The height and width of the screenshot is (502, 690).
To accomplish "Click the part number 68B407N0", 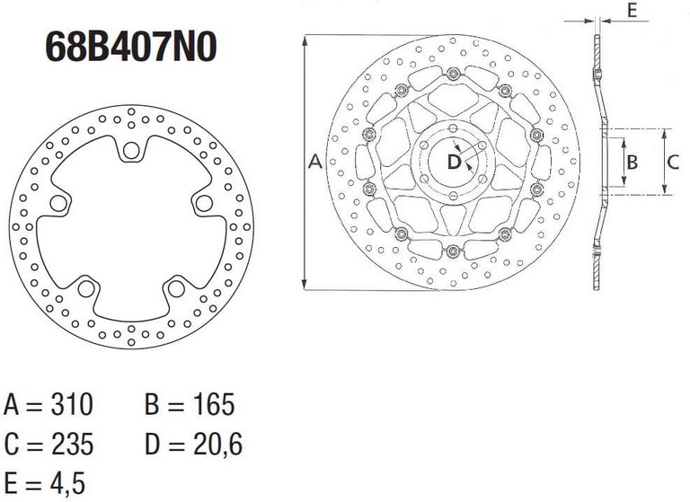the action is [131, 46].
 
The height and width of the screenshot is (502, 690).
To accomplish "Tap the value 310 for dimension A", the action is [72, 404].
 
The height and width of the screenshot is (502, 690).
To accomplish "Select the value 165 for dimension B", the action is [214, 404].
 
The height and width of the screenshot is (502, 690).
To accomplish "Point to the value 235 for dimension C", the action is [73, 444].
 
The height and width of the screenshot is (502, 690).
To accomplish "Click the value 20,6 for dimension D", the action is [217, 445].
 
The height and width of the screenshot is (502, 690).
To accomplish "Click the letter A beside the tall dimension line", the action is [315, 162].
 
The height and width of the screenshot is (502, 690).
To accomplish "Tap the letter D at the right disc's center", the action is [454, 162].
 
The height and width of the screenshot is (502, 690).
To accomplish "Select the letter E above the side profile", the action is [632, 10].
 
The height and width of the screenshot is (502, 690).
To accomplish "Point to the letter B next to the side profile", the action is [632, 163].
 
